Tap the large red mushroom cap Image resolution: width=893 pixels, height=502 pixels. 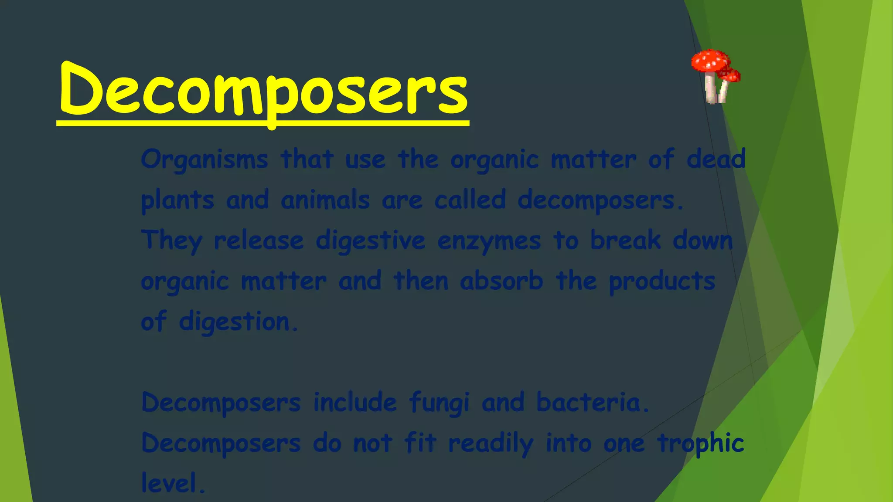tap(710, 61)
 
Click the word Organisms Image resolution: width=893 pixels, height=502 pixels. tap(204, 159)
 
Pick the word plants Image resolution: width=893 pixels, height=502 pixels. tap(177, 200)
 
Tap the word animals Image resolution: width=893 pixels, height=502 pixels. tap(325, 200)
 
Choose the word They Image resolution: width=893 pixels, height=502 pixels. tap(171, 241)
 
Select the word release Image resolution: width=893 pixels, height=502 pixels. tap(259, 241)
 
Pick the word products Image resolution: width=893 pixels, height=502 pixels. tap(662, 282)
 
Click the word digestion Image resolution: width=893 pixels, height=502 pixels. tap(238, 322)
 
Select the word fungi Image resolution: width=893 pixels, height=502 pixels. tap(439, 403)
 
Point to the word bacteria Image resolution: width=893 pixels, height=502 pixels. tap(592, 402)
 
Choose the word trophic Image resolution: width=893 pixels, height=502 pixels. tap(700, 444)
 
